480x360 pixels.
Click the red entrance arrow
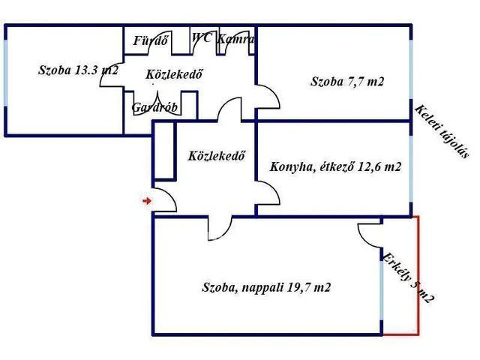point(147,200)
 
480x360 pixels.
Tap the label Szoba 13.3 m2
point(78,70)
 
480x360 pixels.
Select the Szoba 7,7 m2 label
point(347,82)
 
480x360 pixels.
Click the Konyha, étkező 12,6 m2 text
point(334,166)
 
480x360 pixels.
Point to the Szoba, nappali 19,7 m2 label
point(266,287)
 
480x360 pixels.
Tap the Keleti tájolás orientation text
point(442,131)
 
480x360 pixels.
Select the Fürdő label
point(150,41)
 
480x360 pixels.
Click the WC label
point(201,37)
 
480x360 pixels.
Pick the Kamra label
point(235,38)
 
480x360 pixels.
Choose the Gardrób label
point(154,107)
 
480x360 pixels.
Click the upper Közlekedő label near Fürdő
point(175,73)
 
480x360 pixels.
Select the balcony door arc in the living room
point(370,237)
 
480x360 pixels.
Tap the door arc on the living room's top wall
point(219,227)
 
